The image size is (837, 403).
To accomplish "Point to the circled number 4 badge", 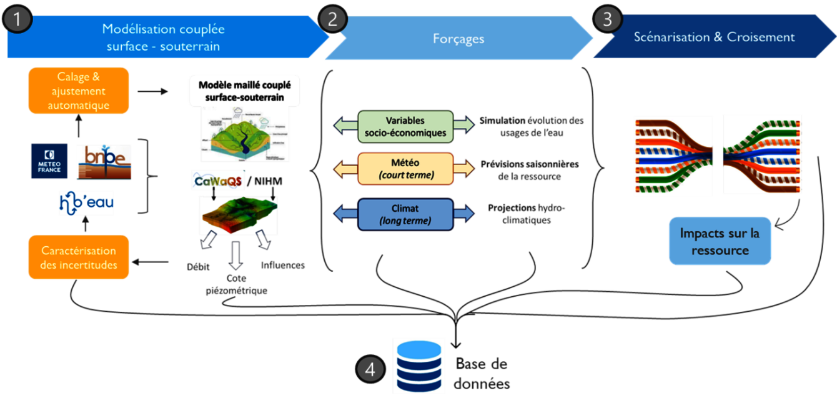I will (x=370, y=370).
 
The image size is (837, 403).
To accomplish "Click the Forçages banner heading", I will (x=458, y=39).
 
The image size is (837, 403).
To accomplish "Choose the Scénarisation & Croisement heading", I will (x=714, y=37).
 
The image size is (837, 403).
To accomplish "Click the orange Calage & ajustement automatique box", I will (x=79, y=91).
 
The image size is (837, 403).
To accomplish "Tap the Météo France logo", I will (x=50, y=161).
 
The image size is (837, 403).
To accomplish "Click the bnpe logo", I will (x=104, y=162).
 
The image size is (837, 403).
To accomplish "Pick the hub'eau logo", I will (x=86, y=202).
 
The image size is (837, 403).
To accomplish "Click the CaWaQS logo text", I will (x=218, y=181).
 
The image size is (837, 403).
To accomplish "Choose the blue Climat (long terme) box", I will (x=405, y=214).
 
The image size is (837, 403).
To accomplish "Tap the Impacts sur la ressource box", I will (x=720, y=241).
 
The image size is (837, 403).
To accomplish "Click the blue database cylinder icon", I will (x=418, y=366).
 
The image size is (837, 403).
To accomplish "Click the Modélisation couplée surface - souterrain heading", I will (x=163, y=37).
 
